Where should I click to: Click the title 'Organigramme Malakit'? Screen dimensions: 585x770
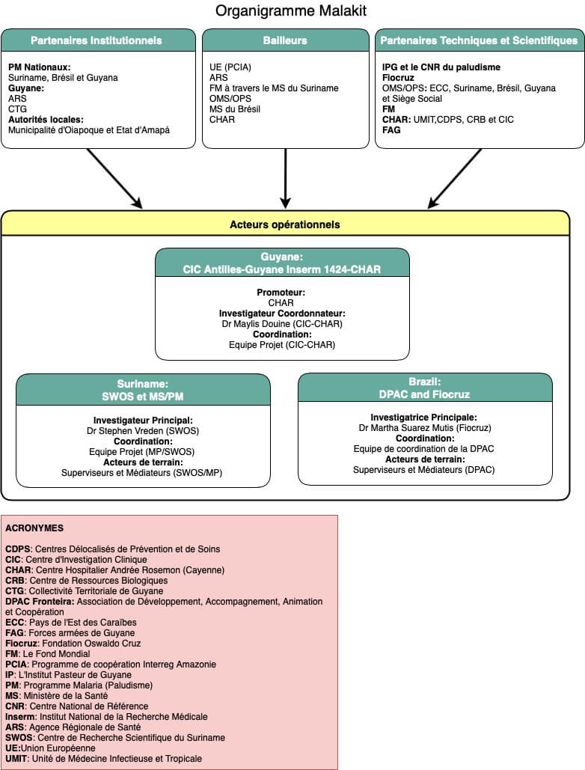(291, 10)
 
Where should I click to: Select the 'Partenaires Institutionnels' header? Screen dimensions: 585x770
(97, 40)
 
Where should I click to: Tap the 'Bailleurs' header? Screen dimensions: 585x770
(285, 40)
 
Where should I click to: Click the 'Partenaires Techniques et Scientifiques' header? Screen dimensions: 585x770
(479, 40)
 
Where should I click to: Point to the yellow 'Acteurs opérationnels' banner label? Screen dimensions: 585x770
(285, 224)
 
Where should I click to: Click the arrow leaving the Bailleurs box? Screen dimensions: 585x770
(285, 178)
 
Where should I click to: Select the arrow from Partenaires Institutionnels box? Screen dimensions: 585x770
(115, 179)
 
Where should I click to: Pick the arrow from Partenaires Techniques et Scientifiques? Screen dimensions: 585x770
(454, 179)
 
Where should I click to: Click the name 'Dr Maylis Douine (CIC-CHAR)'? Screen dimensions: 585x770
(282, 323)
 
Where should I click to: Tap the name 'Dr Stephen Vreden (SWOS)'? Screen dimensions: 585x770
(143, 431)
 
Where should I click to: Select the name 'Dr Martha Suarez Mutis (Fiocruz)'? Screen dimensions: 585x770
(425, 428)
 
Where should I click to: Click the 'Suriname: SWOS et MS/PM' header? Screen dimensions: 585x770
(143, 390)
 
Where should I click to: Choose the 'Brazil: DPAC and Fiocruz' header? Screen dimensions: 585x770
(424, 388)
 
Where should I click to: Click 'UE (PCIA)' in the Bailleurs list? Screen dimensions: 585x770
(230, 67)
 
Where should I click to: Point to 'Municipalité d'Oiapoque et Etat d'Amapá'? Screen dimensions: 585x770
(89, 130)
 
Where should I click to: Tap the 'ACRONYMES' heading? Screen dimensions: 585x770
(34, 528)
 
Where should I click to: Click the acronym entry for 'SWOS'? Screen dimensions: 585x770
(115, 738)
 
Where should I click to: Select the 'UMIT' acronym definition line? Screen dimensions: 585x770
(103, 759)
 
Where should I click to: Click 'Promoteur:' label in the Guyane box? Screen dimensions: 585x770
(281, 292)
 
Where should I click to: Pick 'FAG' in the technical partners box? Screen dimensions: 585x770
(391, 130)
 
